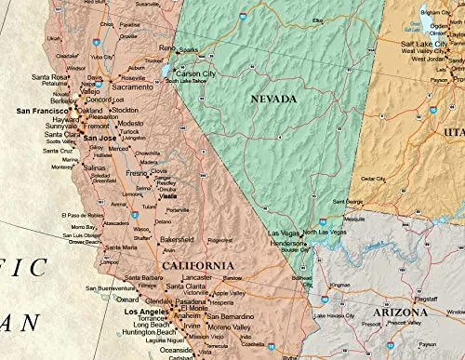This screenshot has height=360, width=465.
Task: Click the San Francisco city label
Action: tap(45, 110)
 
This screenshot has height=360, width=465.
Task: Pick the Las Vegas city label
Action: tap(285, 233)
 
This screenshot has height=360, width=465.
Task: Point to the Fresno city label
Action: tap(138, 174)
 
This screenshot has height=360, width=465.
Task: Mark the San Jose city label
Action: tap(100, 138)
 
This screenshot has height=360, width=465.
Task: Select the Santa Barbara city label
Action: tap(144, 277)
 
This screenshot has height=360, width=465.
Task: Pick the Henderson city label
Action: tap(287, 243)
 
